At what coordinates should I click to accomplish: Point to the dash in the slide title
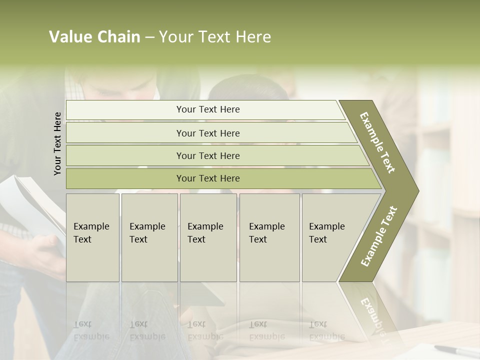click(x=149, y=37)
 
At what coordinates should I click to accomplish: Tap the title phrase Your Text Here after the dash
click(x=215, y=37)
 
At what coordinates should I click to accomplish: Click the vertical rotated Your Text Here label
click(x=57, y=143)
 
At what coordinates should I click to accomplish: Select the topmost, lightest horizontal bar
click(x=205, y=109)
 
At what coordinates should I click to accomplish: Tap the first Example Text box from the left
click(x=92, y=237)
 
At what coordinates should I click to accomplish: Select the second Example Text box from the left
click(x=149, y=237)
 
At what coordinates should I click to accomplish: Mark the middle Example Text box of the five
click(x=208, y=237)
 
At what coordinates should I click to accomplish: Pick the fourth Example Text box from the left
click(x=269, y=237)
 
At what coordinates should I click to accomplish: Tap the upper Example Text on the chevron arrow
click(x=377, y=142)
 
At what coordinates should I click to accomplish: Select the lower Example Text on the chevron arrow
click(x=378, y=236)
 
